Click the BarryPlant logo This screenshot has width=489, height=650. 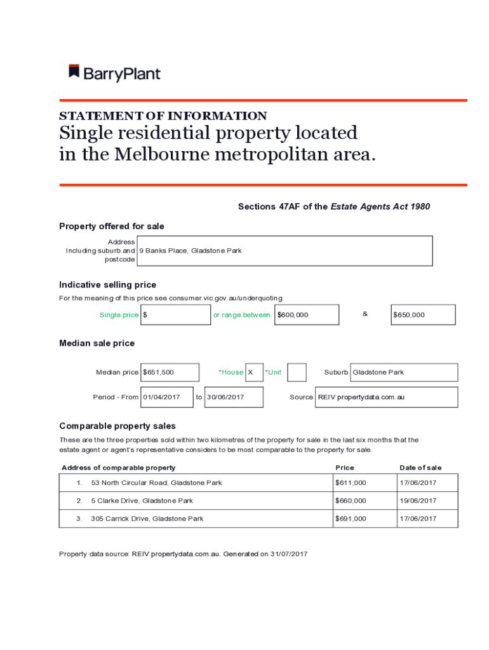click(114, 74)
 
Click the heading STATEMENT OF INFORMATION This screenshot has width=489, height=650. click(163, 116)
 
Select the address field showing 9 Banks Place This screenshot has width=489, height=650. click(284, 251)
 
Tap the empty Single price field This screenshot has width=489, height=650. click(176, 315)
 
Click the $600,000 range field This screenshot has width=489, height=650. click(306, 315)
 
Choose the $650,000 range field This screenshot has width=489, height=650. click(423, 315)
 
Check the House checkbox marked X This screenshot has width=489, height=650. click(254, 373)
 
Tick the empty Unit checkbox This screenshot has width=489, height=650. click(297, 373)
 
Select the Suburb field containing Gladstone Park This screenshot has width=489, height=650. click(403, 373)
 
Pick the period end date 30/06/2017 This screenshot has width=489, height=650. click(234, 397)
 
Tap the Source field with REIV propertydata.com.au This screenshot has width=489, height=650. click(386, 397)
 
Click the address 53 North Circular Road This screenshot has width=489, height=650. click(156, 483)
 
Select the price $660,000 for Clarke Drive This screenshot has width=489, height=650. click(351, 501)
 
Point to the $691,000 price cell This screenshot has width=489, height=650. click(351, 519)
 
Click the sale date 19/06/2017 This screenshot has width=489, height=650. click(418, 501)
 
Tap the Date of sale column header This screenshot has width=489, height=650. click(420, 468)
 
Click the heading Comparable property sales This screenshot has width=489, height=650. click(117, 426)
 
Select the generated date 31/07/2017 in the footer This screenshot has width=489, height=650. click(288, 554)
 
